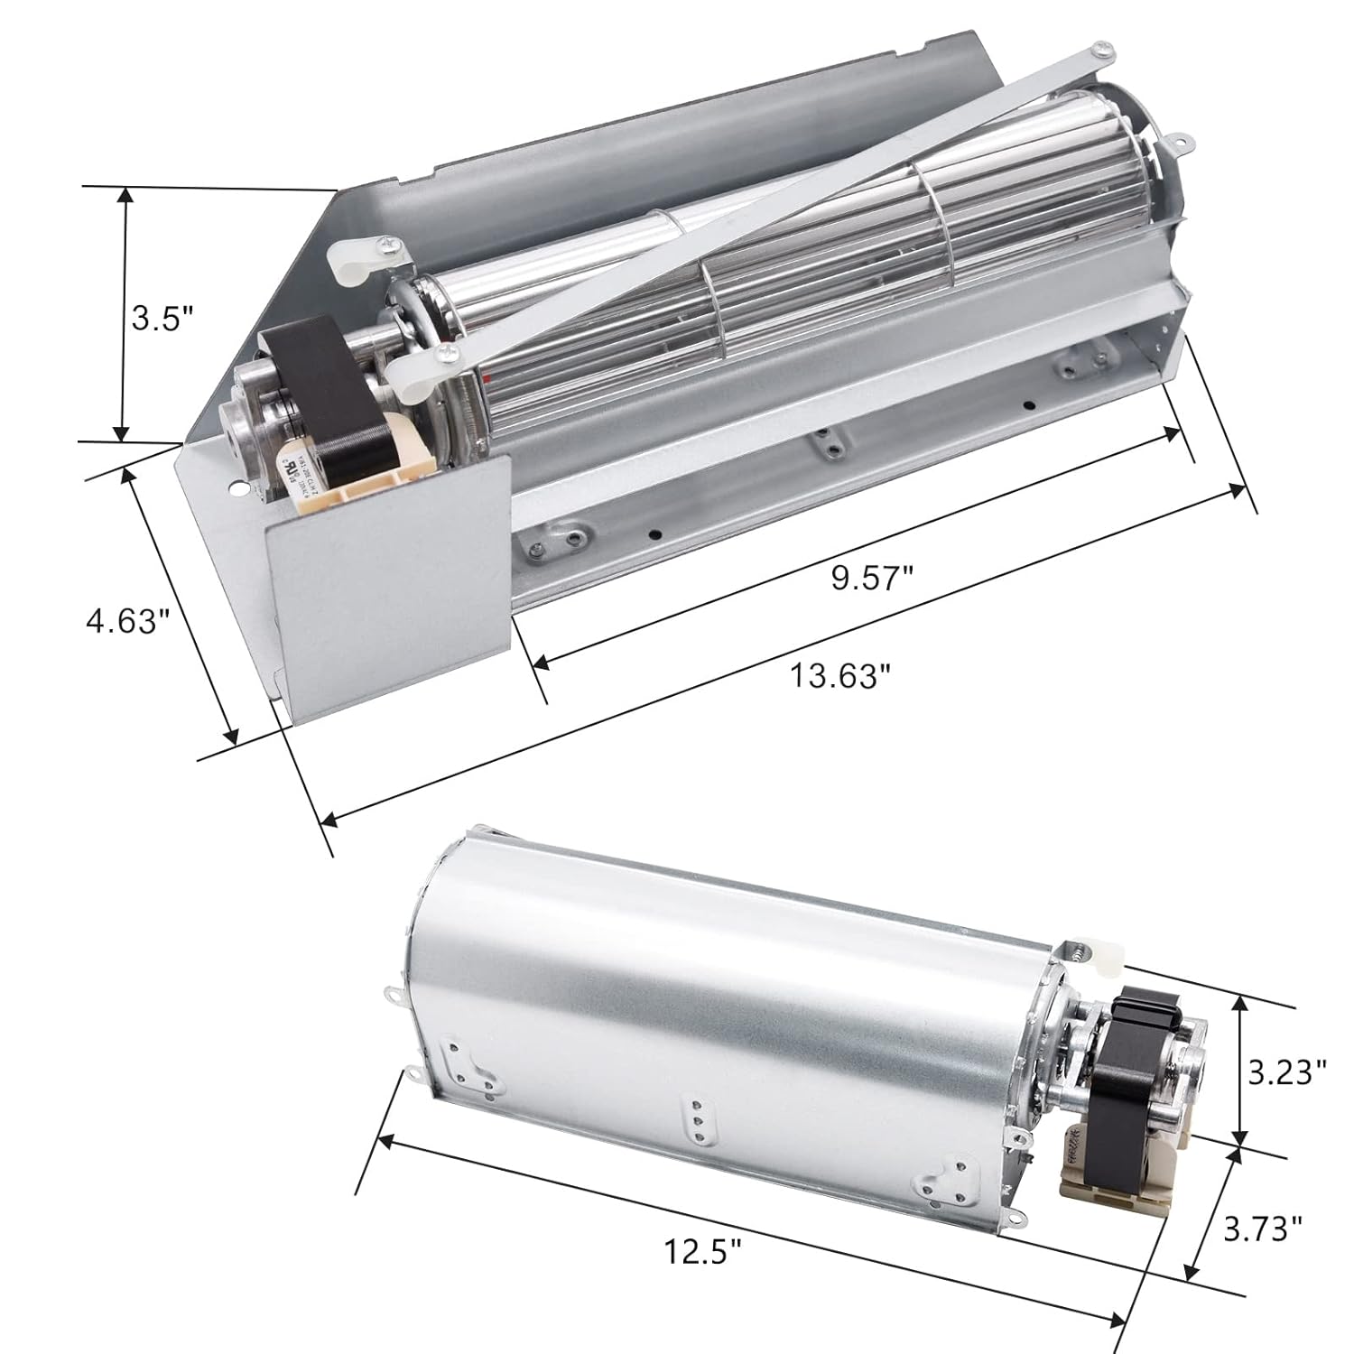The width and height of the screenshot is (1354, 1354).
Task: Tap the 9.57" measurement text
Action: pos(867,579)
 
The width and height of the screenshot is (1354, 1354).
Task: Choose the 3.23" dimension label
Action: pos(1286,1071)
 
